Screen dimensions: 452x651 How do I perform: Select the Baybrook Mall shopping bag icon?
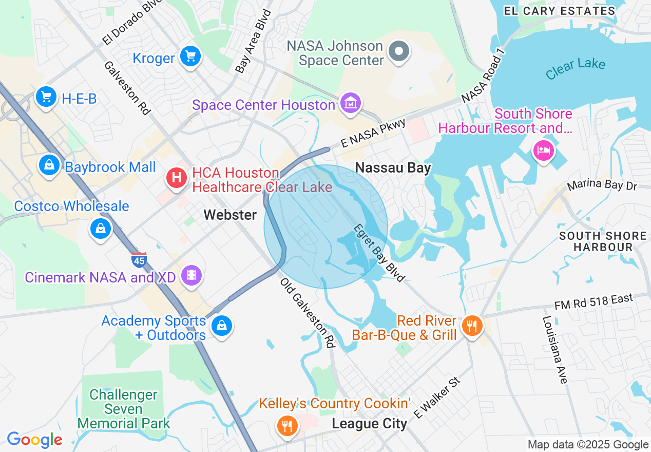(49, 165)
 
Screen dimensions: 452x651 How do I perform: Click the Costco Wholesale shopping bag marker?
(101, 228)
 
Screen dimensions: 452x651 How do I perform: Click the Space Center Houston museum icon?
(351, 103)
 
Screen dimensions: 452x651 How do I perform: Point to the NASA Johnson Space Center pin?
(398, 52)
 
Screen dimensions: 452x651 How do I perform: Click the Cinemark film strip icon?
(192, 275)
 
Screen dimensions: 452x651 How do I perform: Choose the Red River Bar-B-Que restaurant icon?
(471, 326)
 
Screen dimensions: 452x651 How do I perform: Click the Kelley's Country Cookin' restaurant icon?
(287, 425)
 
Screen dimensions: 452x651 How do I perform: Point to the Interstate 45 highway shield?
(139, 260)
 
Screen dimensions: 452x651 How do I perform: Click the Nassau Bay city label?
(393, 167)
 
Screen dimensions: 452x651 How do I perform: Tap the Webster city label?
(230, 215)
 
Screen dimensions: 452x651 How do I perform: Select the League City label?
(369, 424)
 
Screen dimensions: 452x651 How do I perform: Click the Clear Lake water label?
(575, 68)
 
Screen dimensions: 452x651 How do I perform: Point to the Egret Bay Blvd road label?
(379, 253)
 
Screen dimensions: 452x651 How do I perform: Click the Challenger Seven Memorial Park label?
(123, 409)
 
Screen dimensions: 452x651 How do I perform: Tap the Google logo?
(34, 440)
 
